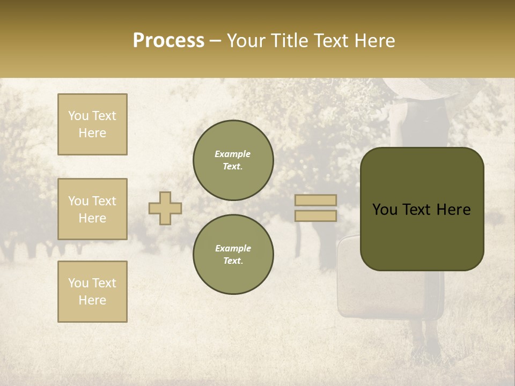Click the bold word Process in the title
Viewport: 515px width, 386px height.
[168, 41]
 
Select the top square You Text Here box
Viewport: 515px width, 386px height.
[92, 124]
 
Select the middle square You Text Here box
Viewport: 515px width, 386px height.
[92, 209]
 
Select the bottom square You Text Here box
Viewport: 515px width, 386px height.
[92, 292]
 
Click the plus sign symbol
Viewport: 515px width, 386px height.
[165, 208]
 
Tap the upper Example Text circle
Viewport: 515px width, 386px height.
[233, 160]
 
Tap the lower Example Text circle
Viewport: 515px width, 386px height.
[233, 254]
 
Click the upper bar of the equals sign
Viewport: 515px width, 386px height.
[315, 200]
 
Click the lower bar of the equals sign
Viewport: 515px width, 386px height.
[315, 216]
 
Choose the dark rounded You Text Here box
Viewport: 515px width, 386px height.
[422, 209]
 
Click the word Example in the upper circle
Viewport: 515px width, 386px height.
[233, 154]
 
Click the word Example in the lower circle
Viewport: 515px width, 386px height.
[233, 248]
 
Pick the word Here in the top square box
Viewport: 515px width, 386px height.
[92, 133]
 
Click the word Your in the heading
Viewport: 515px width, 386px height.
[247, 41]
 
